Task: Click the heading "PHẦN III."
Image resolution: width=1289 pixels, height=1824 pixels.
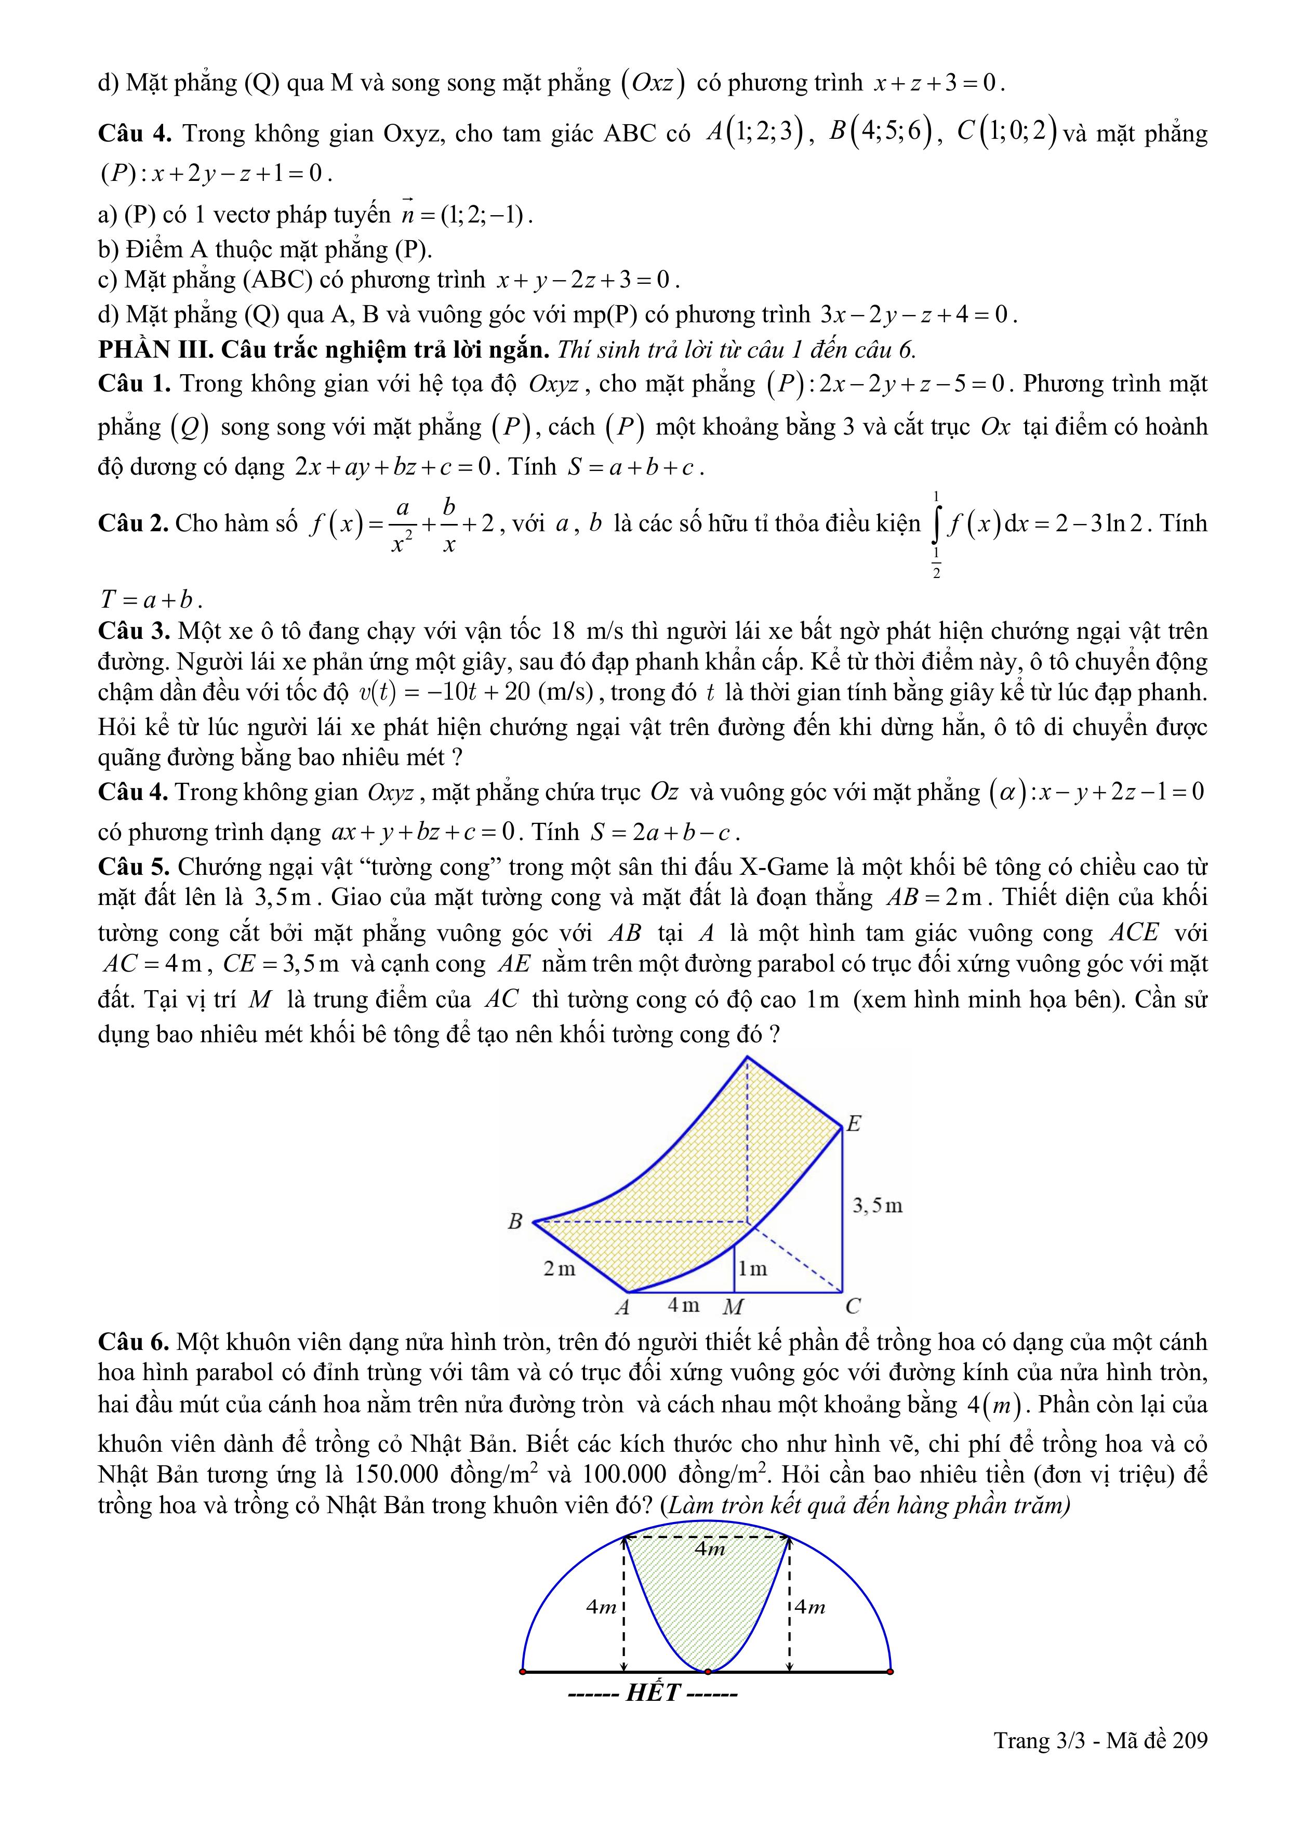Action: pos(156,349)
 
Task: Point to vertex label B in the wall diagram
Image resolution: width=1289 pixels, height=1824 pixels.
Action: pos(515,1221)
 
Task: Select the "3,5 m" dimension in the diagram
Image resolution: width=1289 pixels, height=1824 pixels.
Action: pos(878,1206)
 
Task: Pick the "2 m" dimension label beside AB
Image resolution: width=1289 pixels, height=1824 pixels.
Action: pos(559,1269)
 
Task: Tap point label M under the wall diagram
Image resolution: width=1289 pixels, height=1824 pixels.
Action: pos(732,1307)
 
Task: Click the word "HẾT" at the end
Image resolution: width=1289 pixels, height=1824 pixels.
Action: pos(653,1693)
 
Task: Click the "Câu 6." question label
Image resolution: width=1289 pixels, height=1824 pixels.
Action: pos(134,1342)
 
